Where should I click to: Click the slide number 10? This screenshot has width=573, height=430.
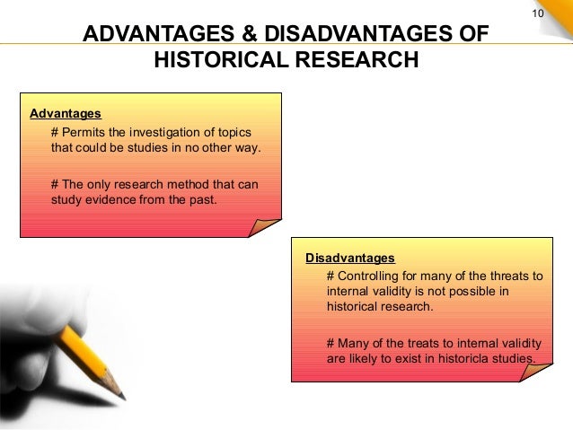tap(540, 13)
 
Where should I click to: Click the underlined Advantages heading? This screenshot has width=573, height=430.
tap(66, 114)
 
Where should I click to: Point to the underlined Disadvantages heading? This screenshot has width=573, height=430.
tap(350, 259)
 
